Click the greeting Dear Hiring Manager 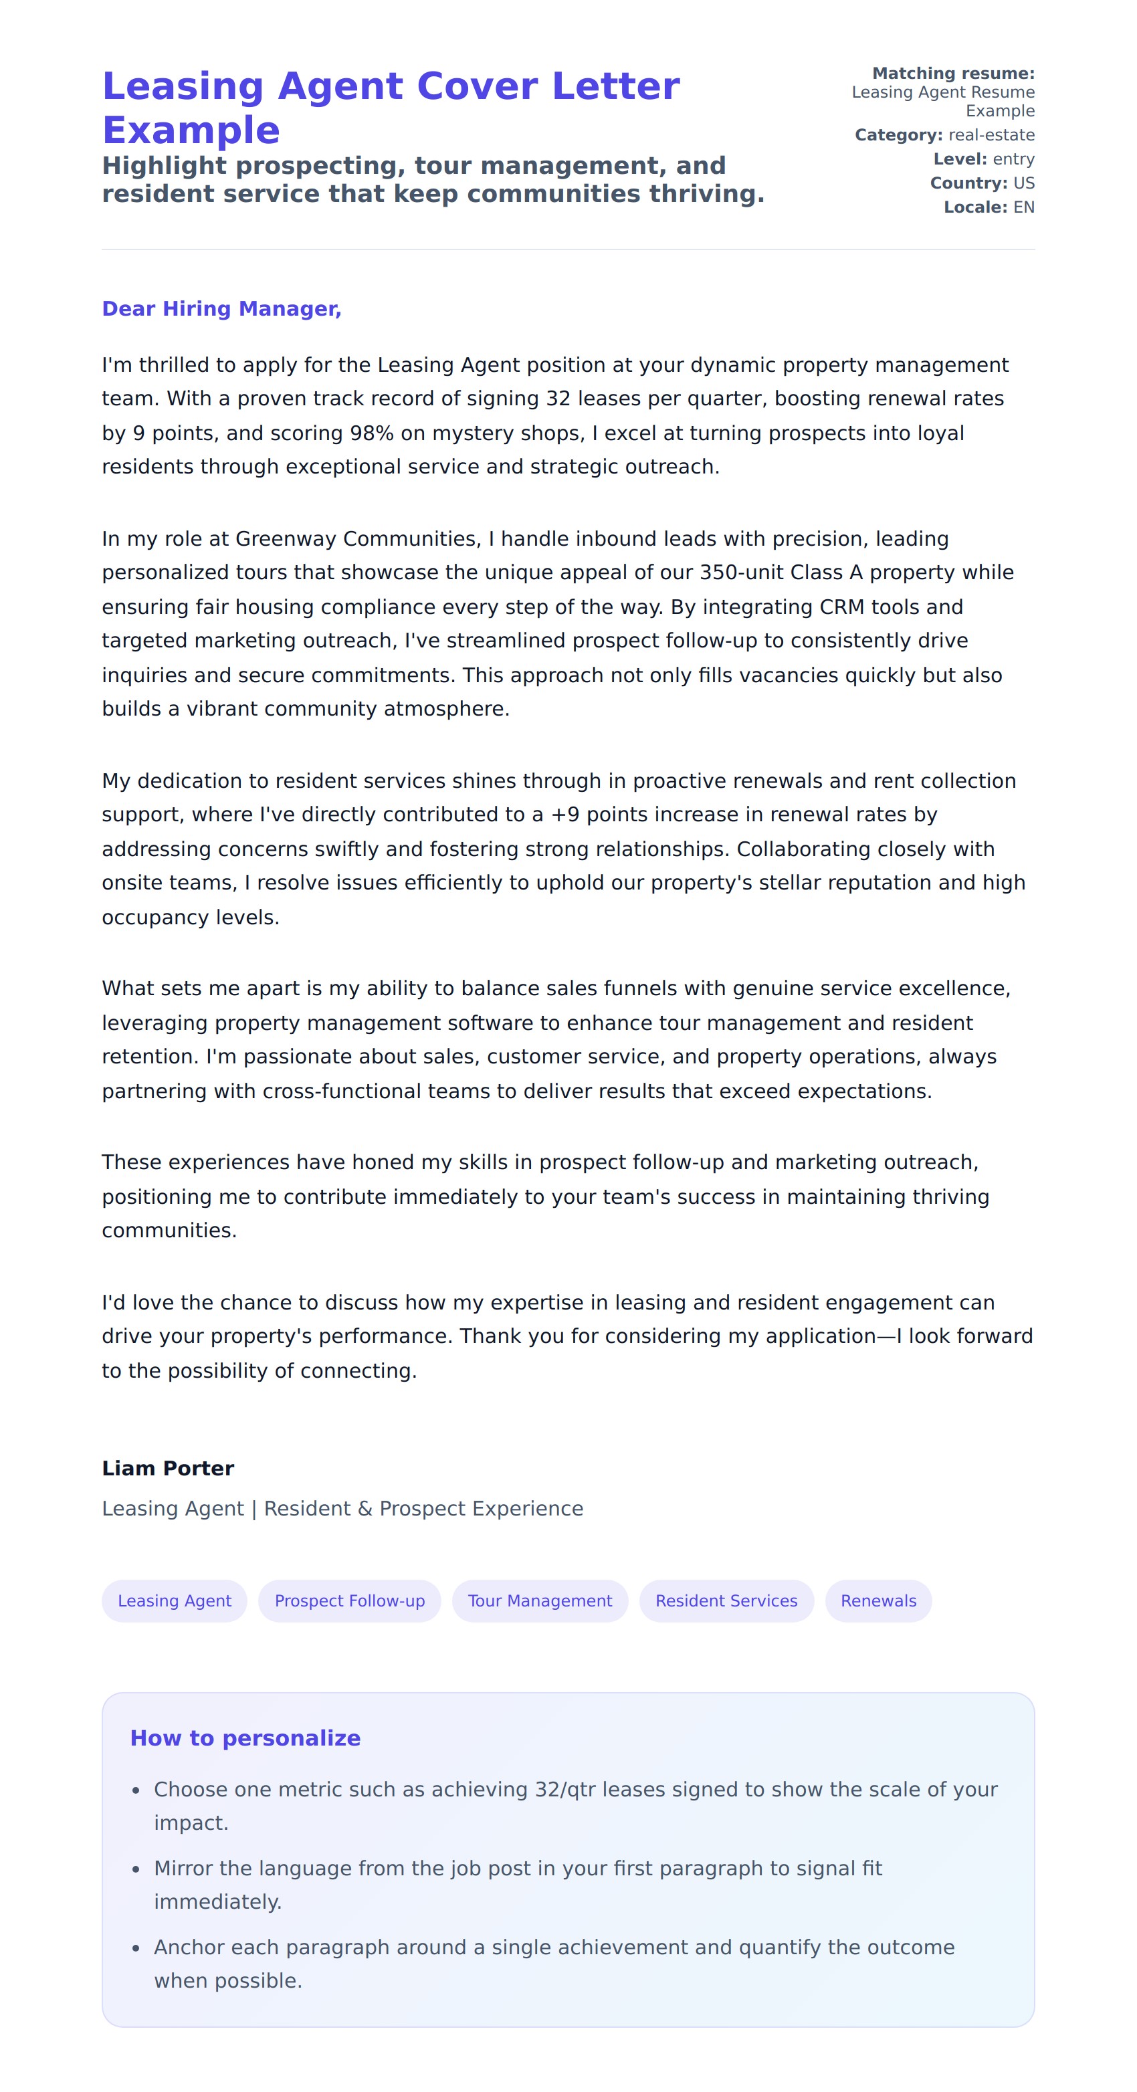pos(221,308)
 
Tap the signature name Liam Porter pos(167,1467)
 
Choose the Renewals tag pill pos(878,1600)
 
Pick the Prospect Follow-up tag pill pos(349,1600)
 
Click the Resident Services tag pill pos(726,1600)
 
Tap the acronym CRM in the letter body pos(842,607)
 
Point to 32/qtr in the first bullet pos(565,1789)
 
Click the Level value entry pos(1013,159)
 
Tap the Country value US pos(1023,183)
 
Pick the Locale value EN pos(1023,207)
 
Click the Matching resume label pos(952,73)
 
